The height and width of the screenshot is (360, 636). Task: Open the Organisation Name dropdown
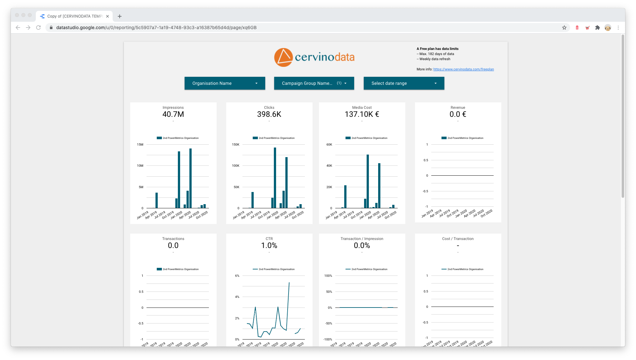(225, 83)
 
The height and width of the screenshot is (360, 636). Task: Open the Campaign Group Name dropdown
(314, 83)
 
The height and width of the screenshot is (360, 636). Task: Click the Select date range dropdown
(404, 83)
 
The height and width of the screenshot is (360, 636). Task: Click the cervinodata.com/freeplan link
(463, 69)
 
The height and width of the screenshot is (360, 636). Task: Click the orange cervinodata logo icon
(283, 58)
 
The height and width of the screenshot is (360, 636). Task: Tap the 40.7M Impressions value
(173, 114)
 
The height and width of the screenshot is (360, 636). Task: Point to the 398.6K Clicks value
(269, 114)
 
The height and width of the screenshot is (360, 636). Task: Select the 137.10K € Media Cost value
(362, 114)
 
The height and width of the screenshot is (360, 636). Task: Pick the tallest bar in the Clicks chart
(275, 178)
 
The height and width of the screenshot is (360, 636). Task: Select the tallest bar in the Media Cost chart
(368, 181)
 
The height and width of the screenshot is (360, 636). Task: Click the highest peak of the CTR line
(289, 283)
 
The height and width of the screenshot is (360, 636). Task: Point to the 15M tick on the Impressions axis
(140, 145)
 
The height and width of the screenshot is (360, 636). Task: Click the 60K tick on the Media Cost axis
(329, 145)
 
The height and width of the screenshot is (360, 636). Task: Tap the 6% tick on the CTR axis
(237, 276)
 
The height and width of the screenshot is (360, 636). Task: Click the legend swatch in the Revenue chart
(444, 138)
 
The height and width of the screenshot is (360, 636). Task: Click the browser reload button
(38, 28)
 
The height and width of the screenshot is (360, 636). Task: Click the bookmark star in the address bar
(564, 28)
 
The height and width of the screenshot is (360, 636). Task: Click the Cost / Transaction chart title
(458, 239)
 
